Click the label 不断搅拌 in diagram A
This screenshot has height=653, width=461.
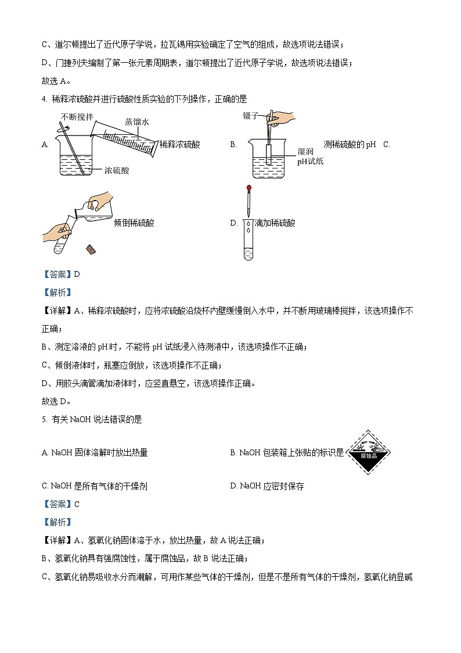(77, 117)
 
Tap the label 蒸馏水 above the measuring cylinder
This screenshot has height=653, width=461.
(136, 122)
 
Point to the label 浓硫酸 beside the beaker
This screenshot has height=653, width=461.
(117, 170)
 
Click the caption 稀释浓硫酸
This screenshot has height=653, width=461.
(179, 145)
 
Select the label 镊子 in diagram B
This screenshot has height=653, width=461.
(250, 116)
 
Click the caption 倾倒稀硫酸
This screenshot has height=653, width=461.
(134, 223)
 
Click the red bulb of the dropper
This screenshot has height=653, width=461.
(248, 189)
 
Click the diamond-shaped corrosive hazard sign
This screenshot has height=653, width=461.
(368, 452)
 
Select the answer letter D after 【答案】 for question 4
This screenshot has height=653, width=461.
(76, 274)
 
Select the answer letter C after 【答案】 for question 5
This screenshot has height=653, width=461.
(76, 504)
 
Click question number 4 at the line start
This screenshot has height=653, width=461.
(45, 99)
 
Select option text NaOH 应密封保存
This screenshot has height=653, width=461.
(272, 486)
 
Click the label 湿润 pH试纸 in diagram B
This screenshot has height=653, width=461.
(310, 156)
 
